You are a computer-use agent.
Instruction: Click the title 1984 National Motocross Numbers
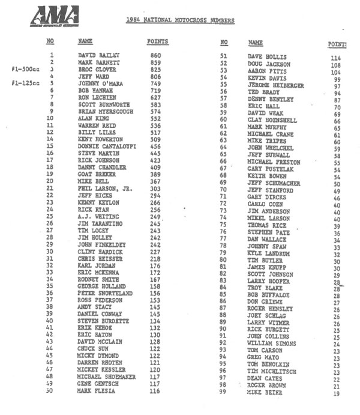[x=180, y=20]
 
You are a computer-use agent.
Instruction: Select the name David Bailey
[x=99, y=55]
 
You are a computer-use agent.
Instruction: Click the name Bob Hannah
[x=96, y=90]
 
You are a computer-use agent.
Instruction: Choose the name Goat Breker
[x=97, y=174]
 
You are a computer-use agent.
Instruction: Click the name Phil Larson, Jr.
[x=105, y=188]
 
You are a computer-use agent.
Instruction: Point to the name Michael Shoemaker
[x=106, y=377]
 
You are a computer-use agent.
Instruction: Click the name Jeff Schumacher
[x=274, y=183]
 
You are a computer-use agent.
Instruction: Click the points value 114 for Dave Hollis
[x=336, y=58]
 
